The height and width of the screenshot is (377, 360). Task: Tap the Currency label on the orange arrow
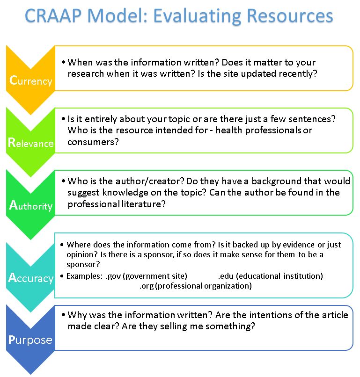pos(31,80)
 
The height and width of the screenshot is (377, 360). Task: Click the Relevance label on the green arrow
pos(31,143)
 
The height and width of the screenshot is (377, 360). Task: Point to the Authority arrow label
pos(31,205)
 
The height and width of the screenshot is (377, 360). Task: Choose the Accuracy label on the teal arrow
pos(31,278)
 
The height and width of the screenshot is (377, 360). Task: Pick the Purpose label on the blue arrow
pos(31,340)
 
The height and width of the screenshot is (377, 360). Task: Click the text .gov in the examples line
pos(114,276)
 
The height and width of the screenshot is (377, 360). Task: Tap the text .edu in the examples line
pos(226,276)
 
